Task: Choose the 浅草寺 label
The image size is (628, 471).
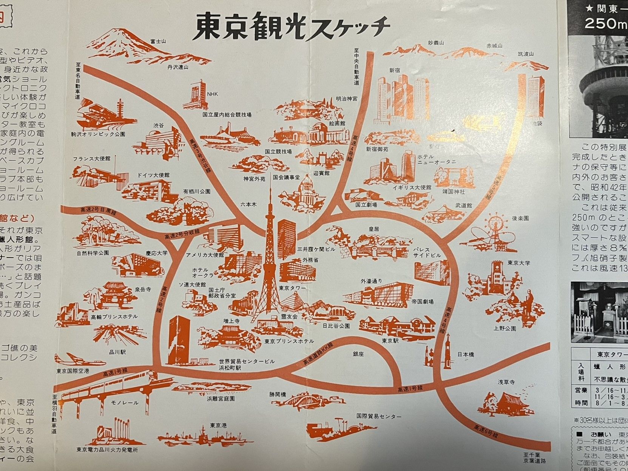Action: tap(506, 382)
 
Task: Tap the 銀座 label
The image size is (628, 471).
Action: tap(358, 354)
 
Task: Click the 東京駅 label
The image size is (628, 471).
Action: tap(388, 340)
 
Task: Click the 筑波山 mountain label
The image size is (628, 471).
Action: tap(526, 54)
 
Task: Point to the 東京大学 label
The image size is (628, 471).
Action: tap(518, 263)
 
